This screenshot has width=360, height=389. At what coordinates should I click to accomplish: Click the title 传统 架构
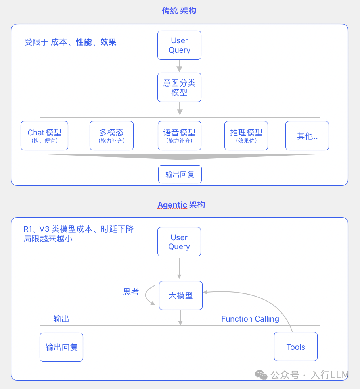(x=179, y=11)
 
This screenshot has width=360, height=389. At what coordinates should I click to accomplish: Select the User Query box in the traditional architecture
(x=180, y=45)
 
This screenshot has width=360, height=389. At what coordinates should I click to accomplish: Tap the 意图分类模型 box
(x=180, y=87)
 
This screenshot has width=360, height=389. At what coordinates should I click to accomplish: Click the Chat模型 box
(x=44, y=136)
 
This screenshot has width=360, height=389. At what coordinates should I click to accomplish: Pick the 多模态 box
(x=111, y=136)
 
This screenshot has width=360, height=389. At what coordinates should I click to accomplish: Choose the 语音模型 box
(x=180, y=136)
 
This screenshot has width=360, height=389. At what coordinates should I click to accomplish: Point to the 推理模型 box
(x=246, y=136)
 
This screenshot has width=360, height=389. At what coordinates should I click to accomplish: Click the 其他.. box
(x=307, y=136)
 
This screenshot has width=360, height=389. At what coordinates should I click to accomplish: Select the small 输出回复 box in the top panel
(x=180, y=174)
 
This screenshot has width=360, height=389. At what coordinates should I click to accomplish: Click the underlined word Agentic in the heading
(x=172, y=205)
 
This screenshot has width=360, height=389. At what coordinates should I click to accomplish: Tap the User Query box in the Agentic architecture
(x=179, y=242)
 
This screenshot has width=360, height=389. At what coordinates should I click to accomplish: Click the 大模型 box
(x=181, y=296)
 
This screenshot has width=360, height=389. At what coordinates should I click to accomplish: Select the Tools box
(x=296, y=347)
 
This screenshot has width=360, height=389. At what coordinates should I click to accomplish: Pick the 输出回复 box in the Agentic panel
(x=61, y=347)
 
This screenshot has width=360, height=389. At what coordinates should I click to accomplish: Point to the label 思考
(x=131, y=292)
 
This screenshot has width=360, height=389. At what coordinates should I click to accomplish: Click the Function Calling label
(x=250, y=319)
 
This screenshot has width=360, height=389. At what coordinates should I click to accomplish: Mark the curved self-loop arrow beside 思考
(x=148, y=295)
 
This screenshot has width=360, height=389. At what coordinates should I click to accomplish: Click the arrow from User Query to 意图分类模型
(x=180, y=66)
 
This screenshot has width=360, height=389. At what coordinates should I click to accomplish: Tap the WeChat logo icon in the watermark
(x=261, y=375)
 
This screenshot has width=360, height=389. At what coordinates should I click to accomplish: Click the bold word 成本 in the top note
(x=59, y=42)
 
